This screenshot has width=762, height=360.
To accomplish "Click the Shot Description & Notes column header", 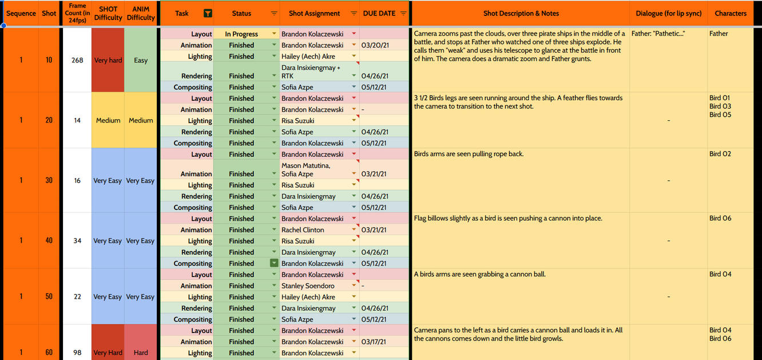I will pos(521,13).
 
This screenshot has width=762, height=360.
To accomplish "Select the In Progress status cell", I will pos(241,34).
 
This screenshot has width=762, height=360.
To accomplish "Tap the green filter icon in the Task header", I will pos(208,14).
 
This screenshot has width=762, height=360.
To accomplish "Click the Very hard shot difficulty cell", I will pos(108,60).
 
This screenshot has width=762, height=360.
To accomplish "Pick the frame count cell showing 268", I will pos(77,60).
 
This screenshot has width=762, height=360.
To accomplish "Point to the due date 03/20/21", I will pos(375,45).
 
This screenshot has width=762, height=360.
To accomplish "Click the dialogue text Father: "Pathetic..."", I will pos(658,34).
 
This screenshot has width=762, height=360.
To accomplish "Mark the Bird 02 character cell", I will pos(720,154).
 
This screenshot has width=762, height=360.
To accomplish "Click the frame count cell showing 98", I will pos(77,353).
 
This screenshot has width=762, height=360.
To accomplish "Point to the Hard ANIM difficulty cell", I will pos(141,353).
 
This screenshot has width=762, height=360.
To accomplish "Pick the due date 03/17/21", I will pos(375,342).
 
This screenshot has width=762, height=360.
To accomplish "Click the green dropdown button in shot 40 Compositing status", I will pos(274,263).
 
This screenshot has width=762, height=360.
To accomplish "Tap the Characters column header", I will pos(731,13).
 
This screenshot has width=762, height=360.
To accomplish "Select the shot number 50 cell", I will pos(49,296).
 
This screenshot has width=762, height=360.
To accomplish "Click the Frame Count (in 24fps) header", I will pos(77,13).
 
